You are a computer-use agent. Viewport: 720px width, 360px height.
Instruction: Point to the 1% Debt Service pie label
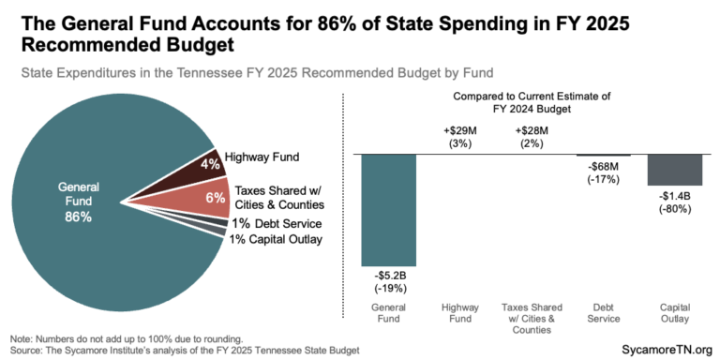[x=277, y=224]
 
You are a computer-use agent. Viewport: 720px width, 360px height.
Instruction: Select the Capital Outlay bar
[x=675, y=169]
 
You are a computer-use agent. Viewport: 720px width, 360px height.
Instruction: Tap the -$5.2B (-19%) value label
[x=388, y=281]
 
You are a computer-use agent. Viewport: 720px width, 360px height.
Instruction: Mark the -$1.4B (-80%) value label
[x=675, y=201]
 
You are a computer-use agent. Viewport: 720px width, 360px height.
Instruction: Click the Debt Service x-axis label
[x=603, y=311]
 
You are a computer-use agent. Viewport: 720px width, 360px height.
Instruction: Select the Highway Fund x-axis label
[x=460, y=311]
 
